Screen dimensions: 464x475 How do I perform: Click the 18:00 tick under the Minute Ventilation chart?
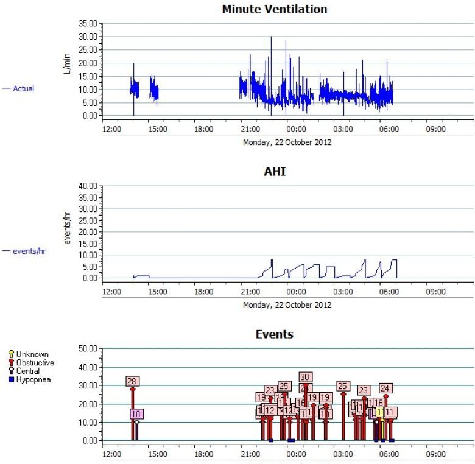click(203, 129)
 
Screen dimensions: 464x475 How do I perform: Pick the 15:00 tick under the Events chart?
click(157, 454)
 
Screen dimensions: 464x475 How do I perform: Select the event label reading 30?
click(305, 378)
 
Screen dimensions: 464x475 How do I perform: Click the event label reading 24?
click(385, 388)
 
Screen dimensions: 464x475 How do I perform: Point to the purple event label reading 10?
click(136, 414)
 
